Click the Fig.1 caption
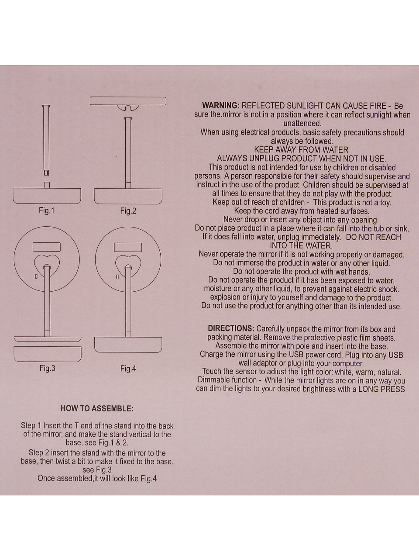coord(47,210)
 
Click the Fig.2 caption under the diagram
coord(128,211)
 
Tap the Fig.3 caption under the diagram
coord(47,368)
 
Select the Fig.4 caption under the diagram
coord(128,369)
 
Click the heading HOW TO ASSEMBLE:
coord(97,409)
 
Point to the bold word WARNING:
coord(220,106)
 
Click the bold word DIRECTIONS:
coord(230,328)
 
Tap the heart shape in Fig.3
coord(47,263)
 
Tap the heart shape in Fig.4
coord(128,263)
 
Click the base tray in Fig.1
coord(47,196)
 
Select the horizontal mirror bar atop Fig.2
coord(128,101)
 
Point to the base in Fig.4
coord(128,345)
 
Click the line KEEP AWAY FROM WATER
coord(301,150)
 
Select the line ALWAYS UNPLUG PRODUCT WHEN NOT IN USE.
coord(301,159)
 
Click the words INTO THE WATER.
coord(301,245)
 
